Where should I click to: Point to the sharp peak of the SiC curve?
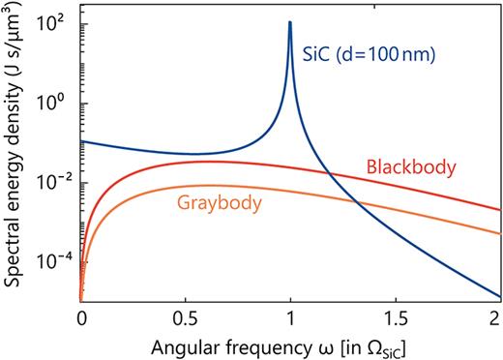click(290, 22)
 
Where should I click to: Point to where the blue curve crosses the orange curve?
click(356, 200)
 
